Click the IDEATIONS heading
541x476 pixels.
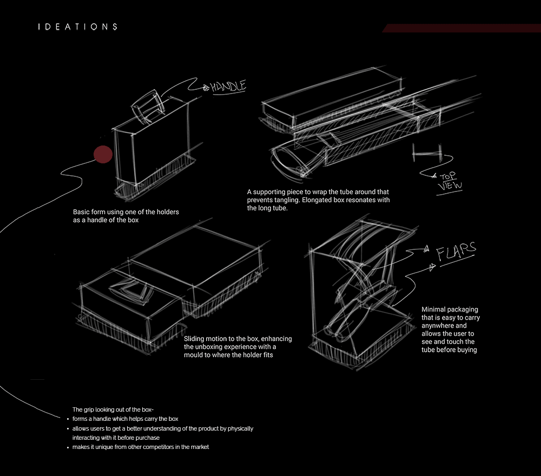tap(77, 27)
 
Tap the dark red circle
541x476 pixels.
tap(103, 154)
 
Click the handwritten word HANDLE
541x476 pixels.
tap(228, 87)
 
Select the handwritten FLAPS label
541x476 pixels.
tap(456, 251)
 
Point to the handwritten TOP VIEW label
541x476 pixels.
tap(449, 182)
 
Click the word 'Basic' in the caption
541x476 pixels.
tap(81, 212)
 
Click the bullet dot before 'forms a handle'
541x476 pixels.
tap(68, 419)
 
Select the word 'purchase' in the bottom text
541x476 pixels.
tap(148, 438)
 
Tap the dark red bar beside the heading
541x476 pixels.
tap(461, 28)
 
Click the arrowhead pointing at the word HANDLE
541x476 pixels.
tap(206, 88)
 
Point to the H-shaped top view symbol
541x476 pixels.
tap(427, 153)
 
